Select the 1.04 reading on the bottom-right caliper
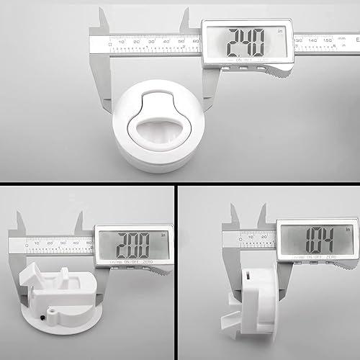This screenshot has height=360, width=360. (x=315, y=238)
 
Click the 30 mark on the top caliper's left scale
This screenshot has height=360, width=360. (x=153, y=41)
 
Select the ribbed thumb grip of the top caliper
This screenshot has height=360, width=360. (x=276, y=68)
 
